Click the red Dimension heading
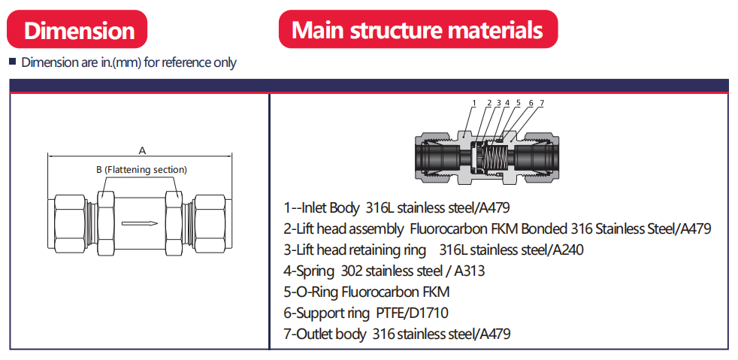click(x=78, y=30)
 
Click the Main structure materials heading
click(x=417, y=30)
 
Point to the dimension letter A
click(x=141, y=149)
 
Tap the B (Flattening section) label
click(x=141, y=170)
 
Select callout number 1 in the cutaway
click(x=474, y=103)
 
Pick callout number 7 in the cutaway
click(x=541, y=103)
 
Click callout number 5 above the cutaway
click(x=518, y=103)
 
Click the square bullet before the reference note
click(x=12, y=62)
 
